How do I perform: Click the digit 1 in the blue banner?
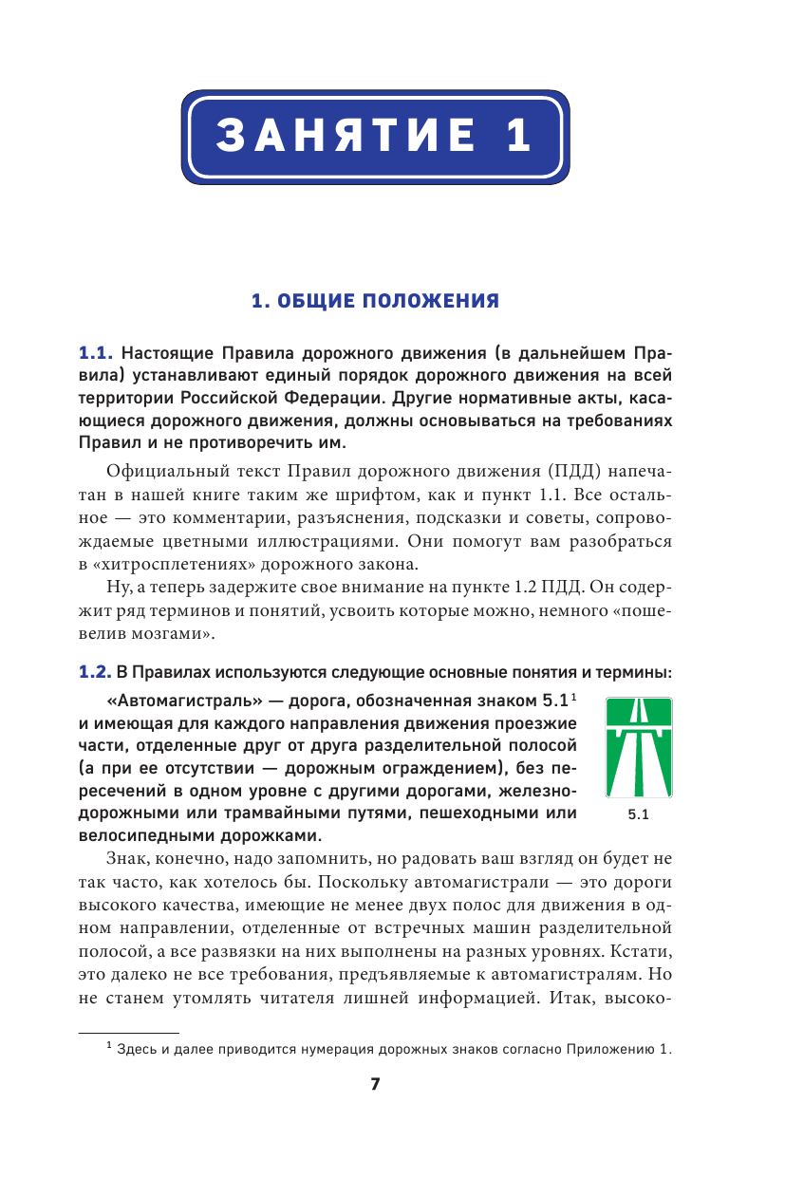518,135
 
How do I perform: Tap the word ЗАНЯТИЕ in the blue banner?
347,135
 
